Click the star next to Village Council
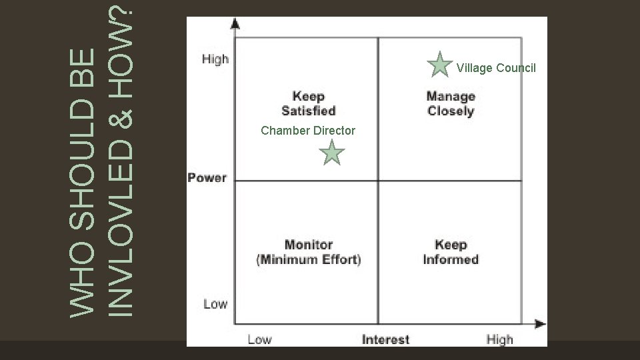[440, 65]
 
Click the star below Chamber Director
[331, 153]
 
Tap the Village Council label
[496, 68]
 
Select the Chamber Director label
[308, 131]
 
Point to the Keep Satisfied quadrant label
[308, 103]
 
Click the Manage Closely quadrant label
[451, 104]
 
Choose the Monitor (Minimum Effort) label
[308, 252]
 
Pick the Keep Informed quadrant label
[451, 252]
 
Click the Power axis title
[207, 178]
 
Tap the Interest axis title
[385, 339]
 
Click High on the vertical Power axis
[215, 59]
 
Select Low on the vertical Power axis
[215, 304]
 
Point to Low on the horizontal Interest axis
[259, 339]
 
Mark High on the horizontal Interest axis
[499, 339]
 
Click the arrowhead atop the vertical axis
[235, 23]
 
